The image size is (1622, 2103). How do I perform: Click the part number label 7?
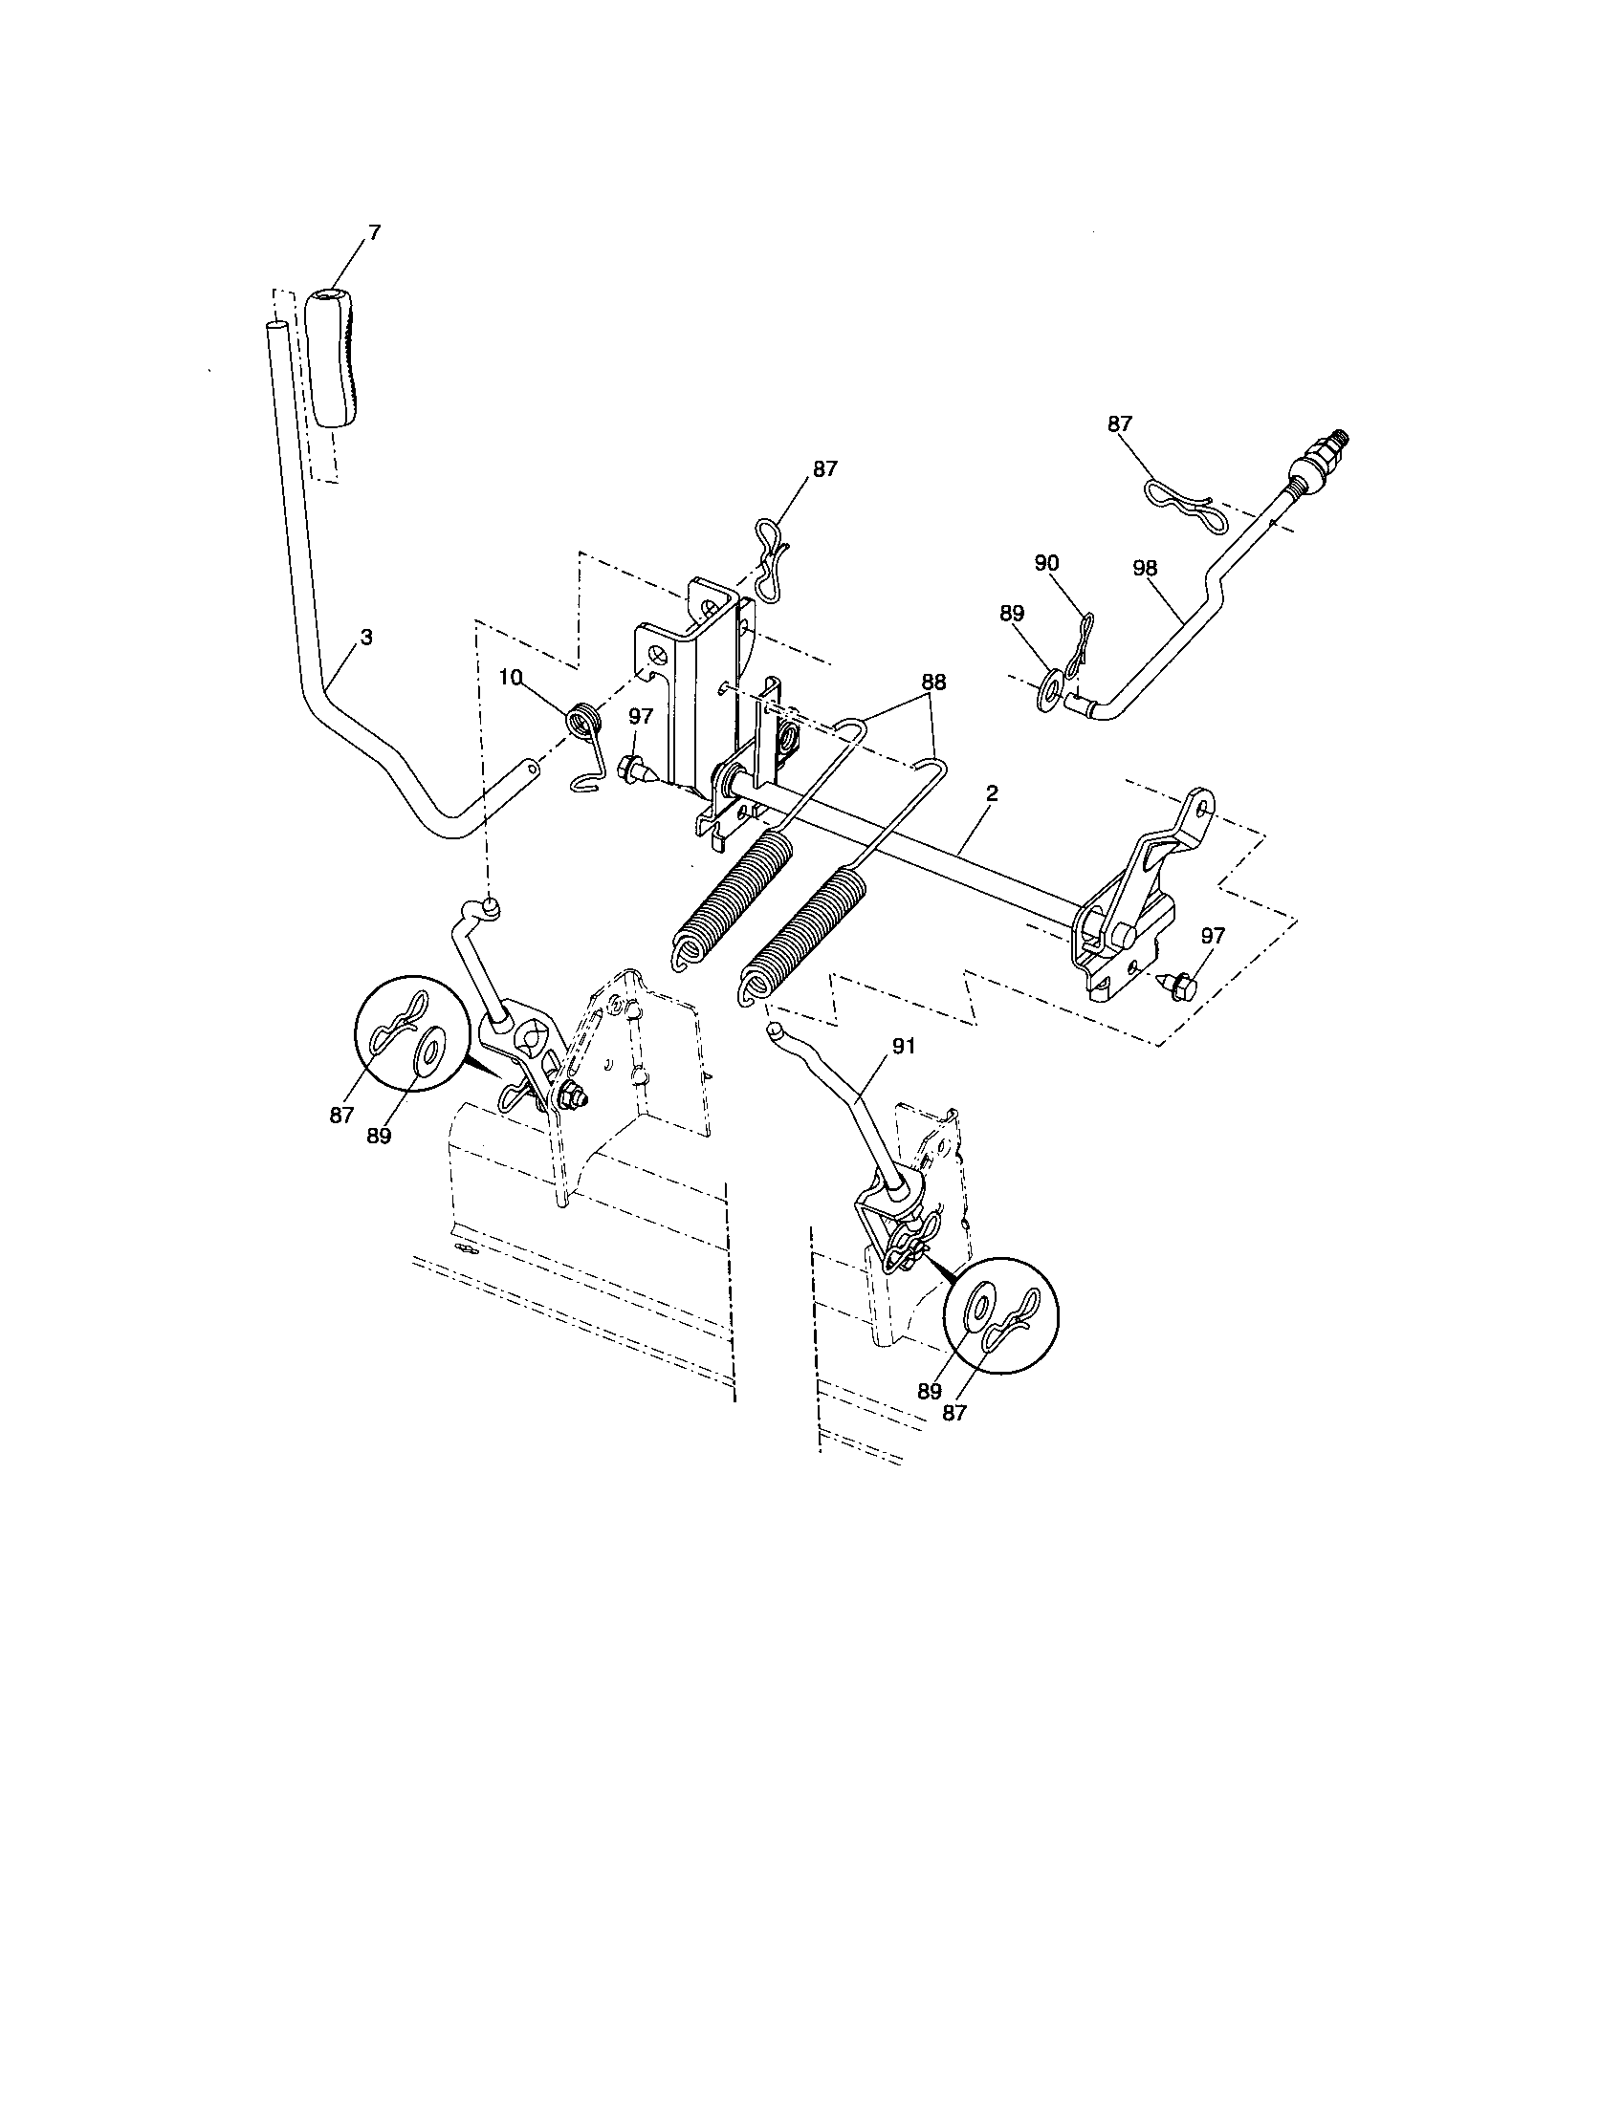tap(375, 231)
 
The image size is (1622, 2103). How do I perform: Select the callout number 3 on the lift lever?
tap(366, 637)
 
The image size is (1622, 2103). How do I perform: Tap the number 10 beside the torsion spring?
tap(511, 678)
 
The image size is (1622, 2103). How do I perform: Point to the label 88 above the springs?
tap(932, 682)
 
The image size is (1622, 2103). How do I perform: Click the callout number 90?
tap(1046, 563)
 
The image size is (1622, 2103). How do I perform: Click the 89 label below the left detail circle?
tap(378, 1137)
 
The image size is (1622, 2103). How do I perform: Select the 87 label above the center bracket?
tap(824, 469)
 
